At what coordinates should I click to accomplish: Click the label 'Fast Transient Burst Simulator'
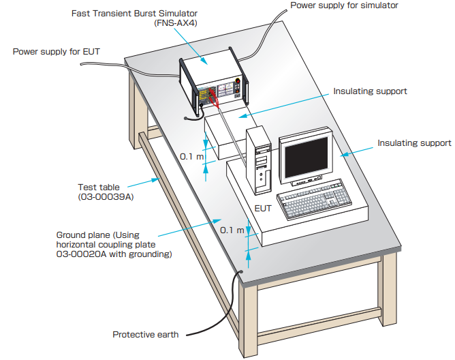click(134, 14)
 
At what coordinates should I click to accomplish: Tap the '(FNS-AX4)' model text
click(176, 23)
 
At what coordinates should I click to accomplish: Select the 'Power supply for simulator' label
click(344, 5)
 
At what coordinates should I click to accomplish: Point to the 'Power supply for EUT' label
click(57, 51)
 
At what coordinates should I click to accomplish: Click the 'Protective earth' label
click(145, 334)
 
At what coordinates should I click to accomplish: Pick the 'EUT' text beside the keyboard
click(263, 209)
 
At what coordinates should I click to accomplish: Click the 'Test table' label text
click(99, 187)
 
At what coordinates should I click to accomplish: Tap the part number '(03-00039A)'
click(106, 197)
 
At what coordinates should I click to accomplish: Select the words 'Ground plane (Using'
click(98, 235)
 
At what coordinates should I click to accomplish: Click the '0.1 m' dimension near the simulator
click(191, 157)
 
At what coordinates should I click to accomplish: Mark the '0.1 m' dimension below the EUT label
click(232, 230)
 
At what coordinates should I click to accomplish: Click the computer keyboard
click(314, 198)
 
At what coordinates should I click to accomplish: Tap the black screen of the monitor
click(306, 157)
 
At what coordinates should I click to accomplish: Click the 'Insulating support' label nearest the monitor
click(414, 143)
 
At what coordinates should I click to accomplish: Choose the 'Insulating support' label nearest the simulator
click(370, 91)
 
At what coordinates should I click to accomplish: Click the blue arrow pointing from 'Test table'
click(144, 183)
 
